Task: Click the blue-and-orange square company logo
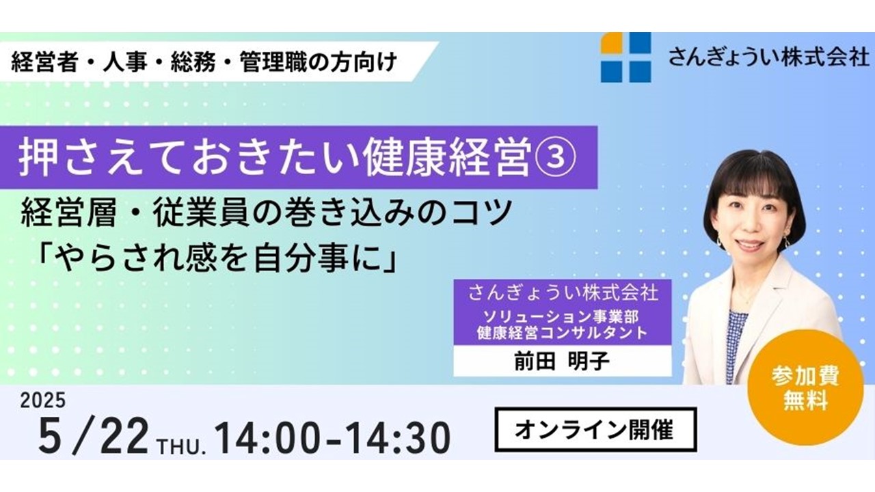(625, 57)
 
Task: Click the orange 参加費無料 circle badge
(805, 387)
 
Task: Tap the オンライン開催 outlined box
(595, 430)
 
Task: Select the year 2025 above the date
(43, 400)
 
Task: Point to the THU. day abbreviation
(181, 446)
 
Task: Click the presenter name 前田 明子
(562, 361)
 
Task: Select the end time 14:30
(398, 438)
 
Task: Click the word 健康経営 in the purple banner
(445, 158)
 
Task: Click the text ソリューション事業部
(561, 316)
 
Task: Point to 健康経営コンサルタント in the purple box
(562, 333)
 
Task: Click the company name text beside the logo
(769, 57)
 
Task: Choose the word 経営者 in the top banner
(44, 62)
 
